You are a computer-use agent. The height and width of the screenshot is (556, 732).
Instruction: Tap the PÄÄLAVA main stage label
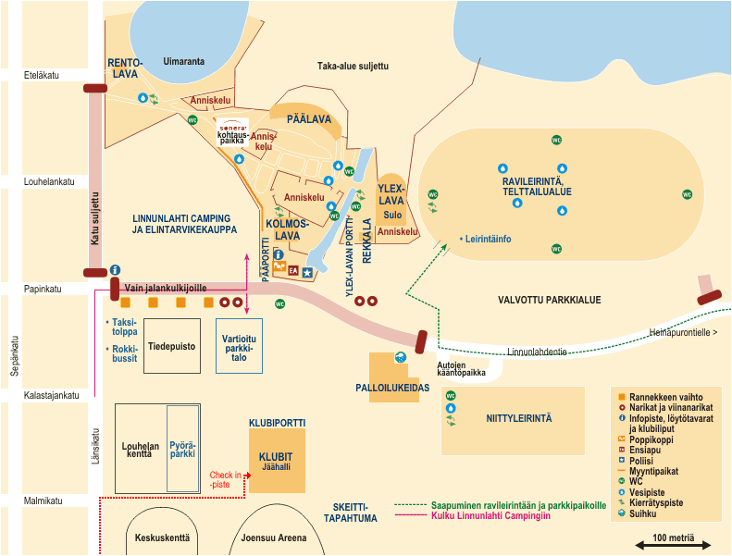coord(309,119)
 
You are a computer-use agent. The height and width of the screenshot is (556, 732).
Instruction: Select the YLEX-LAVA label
coord(391,194)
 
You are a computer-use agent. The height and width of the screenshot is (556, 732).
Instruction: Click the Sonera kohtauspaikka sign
coord(232,133)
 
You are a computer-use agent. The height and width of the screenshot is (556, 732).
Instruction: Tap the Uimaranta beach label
coord(183,62)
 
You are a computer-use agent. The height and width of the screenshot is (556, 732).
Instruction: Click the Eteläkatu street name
coord(42,76)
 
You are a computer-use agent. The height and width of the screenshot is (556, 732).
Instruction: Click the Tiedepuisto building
coord(172,346)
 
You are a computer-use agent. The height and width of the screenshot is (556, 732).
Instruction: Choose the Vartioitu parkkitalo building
coord(239,345)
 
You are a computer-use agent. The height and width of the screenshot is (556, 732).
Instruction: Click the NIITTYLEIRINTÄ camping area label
coord(518,418)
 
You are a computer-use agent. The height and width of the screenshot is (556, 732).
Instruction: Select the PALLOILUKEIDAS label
coord(393,389)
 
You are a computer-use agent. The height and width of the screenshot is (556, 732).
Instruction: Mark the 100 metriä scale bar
coord(674,545)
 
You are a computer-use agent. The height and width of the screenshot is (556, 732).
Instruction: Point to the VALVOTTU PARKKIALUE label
coord(549,300)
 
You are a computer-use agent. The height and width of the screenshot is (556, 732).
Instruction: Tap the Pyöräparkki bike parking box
coord(182,449)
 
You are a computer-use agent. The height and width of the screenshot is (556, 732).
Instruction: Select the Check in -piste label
coord(224,479)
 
